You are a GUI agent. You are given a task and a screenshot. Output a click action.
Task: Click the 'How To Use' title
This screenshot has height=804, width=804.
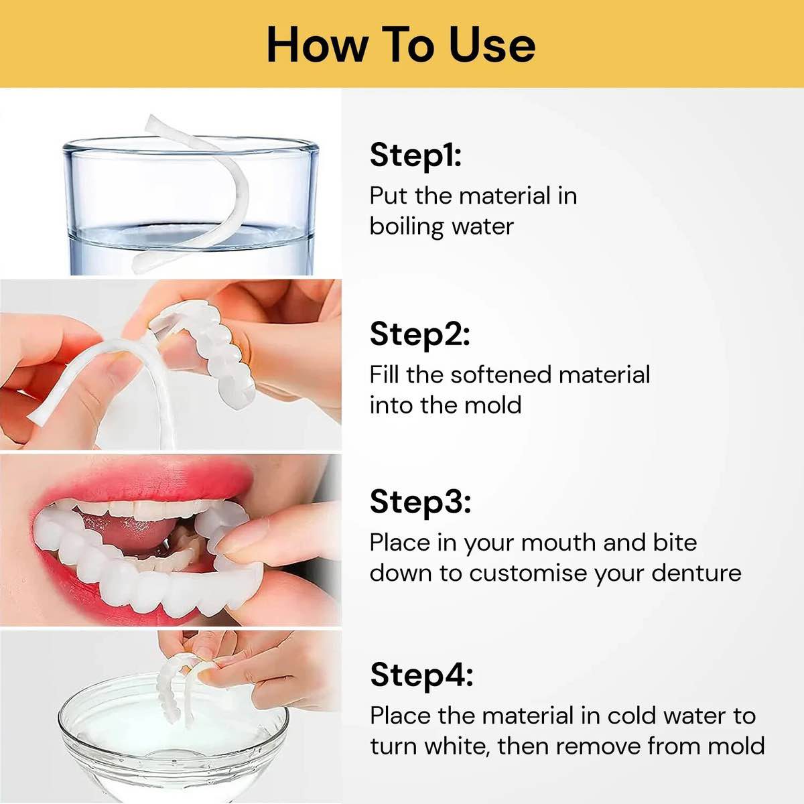[x=401, y=44]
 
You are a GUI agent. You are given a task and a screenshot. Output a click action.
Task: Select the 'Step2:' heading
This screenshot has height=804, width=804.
[x=419, y=334]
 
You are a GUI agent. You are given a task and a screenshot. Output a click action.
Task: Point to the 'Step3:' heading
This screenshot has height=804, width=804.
[x=420, y=501]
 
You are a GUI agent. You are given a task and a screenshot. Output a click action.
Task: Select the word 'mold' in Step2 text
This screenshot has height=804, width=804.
[x=495, y=405]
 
